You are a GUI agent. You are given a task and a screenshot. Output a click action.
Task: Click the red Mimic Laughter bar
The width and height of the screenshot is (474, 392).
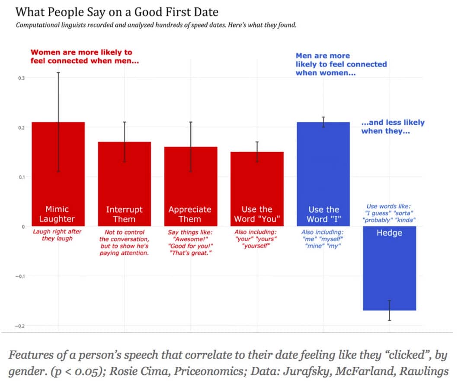point(58,165)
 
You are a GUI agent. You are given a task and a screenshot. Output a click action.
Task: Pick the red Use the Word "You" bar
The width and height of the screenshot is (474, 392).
point(257,182)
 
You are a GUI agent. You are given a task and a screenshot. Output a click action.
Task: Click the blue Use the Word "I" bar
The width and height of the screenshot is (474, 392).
point(323,165)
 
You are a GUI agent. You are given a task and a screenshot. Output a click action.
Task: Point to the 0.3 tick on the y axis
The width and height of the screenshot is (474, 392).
point(21,78)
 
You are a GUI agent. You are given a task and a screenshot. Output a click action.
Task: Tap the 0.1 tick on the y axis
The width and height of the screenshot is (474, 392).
point(21,177)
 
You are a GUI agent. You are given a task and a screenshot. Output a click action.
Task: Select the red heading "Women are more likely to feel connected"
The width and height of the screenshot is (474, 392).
point(84,57)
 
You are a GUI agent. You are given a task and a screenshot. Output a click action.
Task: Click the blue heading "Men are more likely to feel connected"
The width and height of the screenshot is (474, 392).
point(341,64)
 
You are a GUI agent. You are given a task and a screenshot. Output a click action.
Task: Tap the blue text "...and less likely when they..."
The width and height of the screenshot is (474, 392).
point(393,126)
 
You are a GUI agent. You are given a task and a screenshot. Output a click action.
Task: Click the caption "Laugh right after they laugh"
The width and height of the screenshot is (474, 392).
point(58,235)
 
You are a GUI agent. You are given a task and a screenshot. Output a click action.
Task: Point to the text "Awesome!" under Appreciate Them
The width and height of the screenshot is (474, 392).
point(190,239)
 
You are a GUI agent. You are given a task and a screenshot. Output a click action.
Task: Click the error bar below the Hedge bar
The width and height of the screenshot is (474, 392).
point(390,311)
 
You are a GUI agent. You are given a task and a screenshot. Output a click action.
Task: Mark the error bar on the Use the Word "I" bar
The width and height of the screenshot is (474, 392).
point(323,122)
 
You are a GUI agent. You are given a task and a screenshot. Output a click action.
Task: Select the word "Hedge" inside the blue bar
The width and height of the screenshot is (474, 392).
point(389,233)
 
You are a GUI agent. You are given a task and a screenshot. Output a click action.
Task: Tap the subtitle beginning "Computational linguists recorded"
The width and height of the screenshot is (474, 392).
point(156,25)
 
